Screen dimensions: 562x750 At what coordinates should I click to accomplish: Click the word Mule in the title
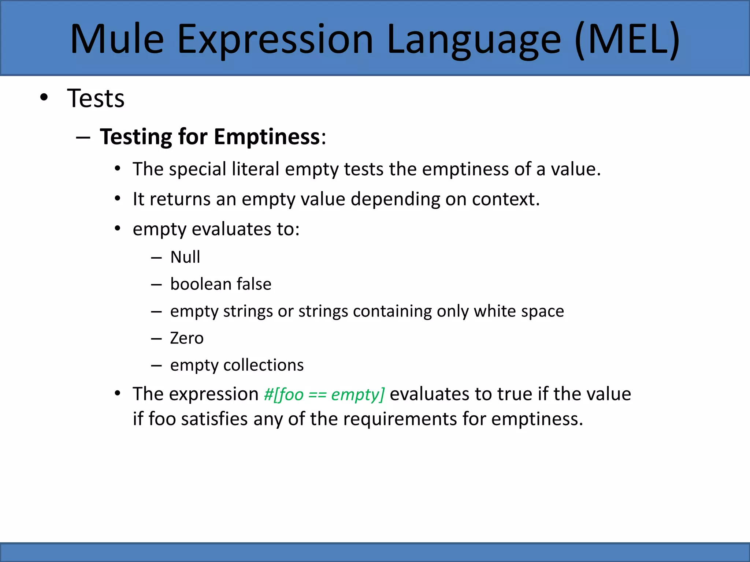[x=117, y=39]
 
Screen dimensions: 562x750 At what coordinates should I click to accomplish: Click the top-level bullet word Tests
[x=96, y=98]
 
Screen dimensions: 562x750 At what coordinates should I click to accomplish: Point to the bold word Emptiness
[x=267, y=137]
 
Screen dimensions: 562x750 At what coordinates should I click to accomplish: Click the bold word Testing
[x=135, y=137]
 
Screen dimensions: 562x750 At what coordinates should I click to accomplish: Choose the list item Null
[x=185, y=257]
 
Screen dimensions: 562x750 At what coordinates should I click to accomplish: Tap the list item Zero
[x=187, y=338]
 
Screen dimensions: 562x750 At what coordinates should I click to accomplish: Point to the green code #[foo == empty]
[x=324, y=394]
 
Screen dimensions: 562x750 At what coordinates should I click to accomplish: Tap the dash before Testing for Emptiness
[x=83, y=138]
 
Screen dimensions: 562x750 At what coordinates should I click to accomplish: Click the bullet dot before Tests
[x=44, y=98]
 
